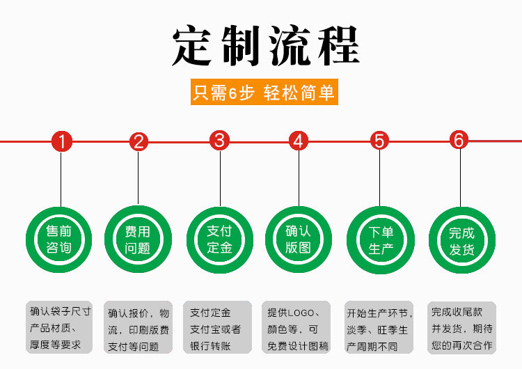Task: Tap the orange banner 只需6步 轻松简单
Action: pos(264,93)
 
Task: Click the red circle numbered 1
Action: pos(62,142)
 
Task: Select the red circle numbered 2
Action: pos(139,142)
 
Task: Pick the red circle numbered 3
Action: pos(220,141)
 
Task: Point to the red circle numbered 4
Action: pos(299,141)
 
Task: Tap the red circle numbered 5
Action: pos(379,141)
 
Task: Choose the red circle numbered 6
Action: pos(459,140)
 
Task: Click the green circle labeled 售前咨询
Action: pos(59,239)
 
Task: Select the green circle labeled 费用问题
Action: pos(138,239)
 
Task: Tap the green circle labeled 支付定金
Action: pos(220,239)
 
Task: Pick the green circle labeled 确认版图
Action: pos(299,239)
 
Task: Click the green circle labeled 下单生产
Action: pos(380,239)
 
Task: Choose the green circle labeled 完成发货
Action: pos(460,239)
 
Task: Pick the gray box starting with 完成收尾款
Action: pos(461,327)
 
